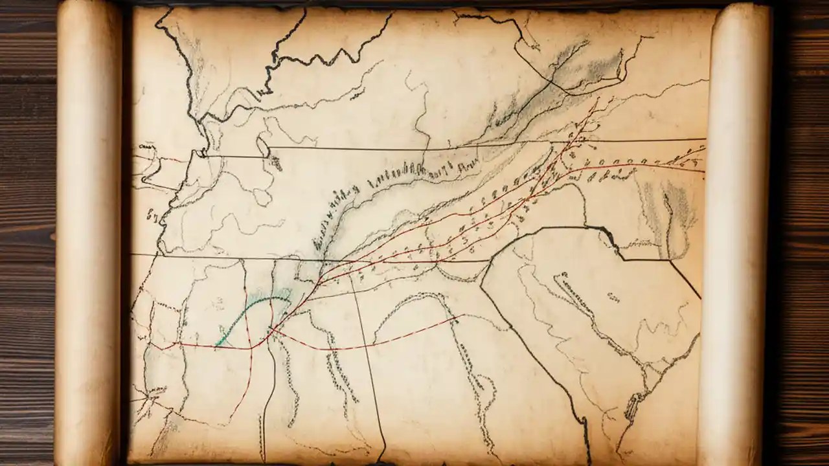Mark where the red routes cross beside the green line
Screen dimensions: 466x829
(272, 330)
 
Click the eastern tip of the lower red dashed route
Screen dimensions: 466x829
(459, 316)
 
